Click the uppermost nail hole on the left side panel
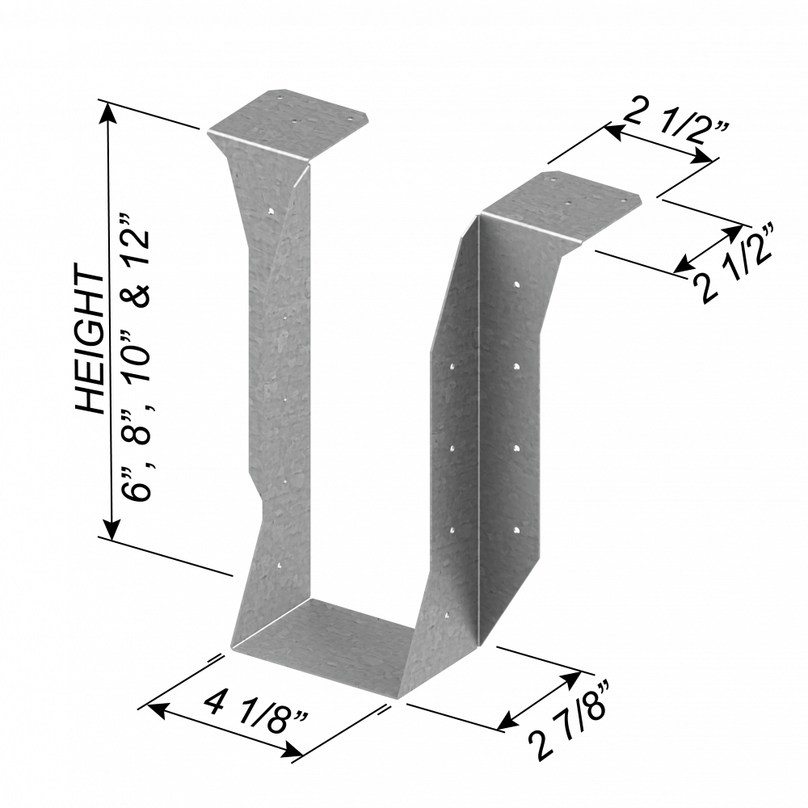[x=271, y=211]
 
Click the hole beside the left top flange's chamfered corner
[x=351, y=120]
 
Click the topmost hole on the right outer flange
[x=516, y=284]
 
